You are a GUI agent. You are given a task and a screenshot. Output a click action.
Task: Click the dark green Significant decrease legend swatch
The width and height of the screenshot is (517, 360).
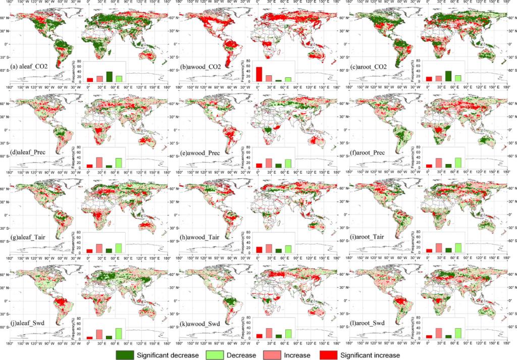(129, 354)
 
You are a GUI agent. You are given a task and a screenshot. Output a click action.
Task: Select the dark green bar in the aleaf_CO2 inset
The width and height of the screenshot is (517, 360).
(109, 76)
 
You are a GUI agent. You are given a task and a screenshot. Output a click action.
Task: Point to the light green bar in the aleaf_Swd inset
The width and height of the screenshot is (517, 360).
(119, 333)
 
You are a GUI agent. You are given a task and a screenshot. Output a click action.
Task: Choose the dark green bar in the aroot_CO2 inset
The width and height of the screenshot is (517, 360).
(448, 76)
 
